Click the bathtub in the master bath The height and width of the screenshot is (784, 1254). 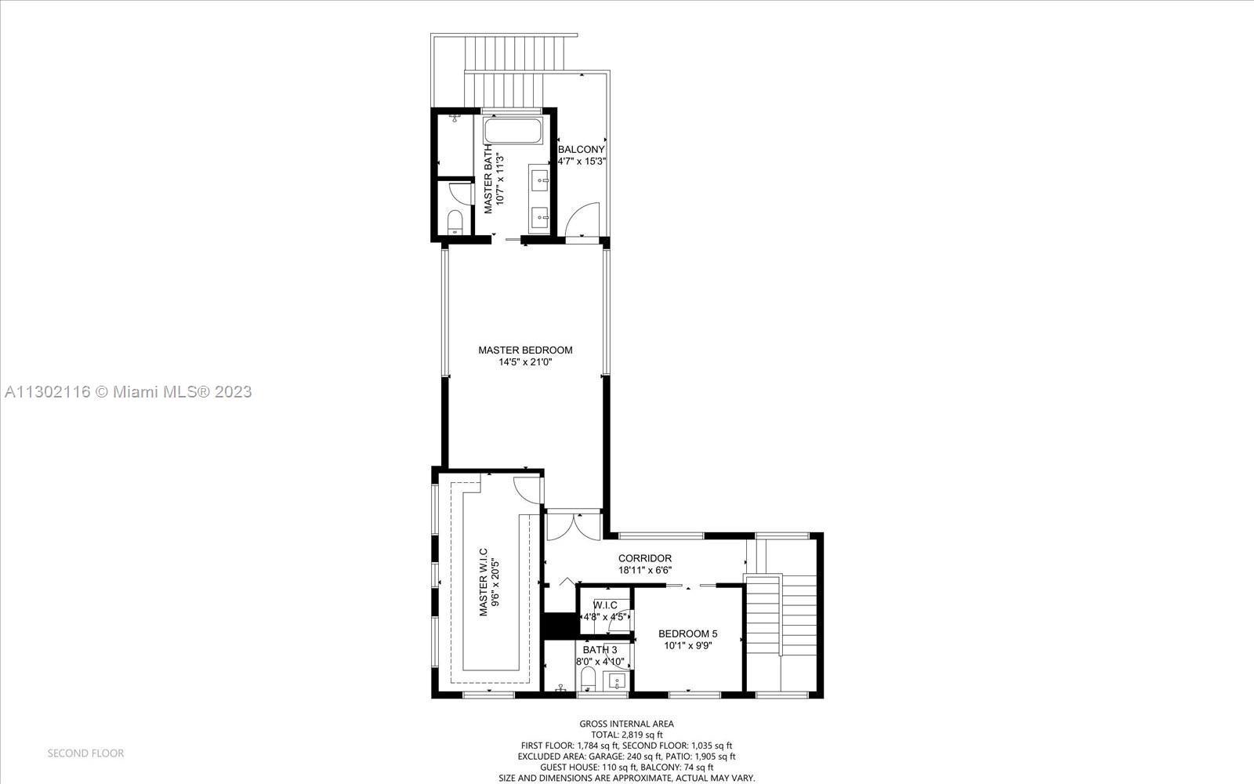click(513, 130)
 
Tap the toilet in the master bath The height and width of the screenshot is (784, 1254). click(455, 222)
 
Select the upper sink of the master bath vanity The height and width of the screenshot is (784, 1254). click(541, 180)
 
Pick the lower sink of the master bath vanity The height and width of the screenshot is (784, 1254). click(541, 216)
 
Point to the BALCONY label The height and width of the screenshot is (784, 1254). click(581, 149)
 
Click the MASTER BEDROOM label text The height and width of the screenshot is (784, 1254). click(525, 350)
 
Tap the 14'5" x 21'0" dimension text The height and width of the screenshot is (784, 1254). click(525, 362)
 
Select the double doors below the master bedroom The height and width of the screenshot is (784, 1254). click(573, 524)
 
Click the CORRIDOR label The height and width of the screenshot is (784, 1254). click(645, 558)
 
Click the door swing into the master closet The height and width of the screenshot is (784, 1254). click(527, 489)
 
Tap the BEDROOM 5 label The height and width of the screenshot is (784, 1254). click(687, 633)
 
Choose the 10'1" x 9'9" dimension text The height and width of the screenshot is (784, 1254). click(687, 646)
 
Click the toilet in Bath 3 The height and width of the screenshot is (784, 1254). click(589, 680)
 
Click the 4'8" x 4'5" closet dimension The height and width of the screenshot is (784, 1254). click(605, 617)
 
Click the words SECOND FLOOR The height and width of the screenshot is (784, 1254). click(85, 753)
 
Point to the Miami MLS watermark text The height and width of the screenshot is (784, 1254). click(128, 391)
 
